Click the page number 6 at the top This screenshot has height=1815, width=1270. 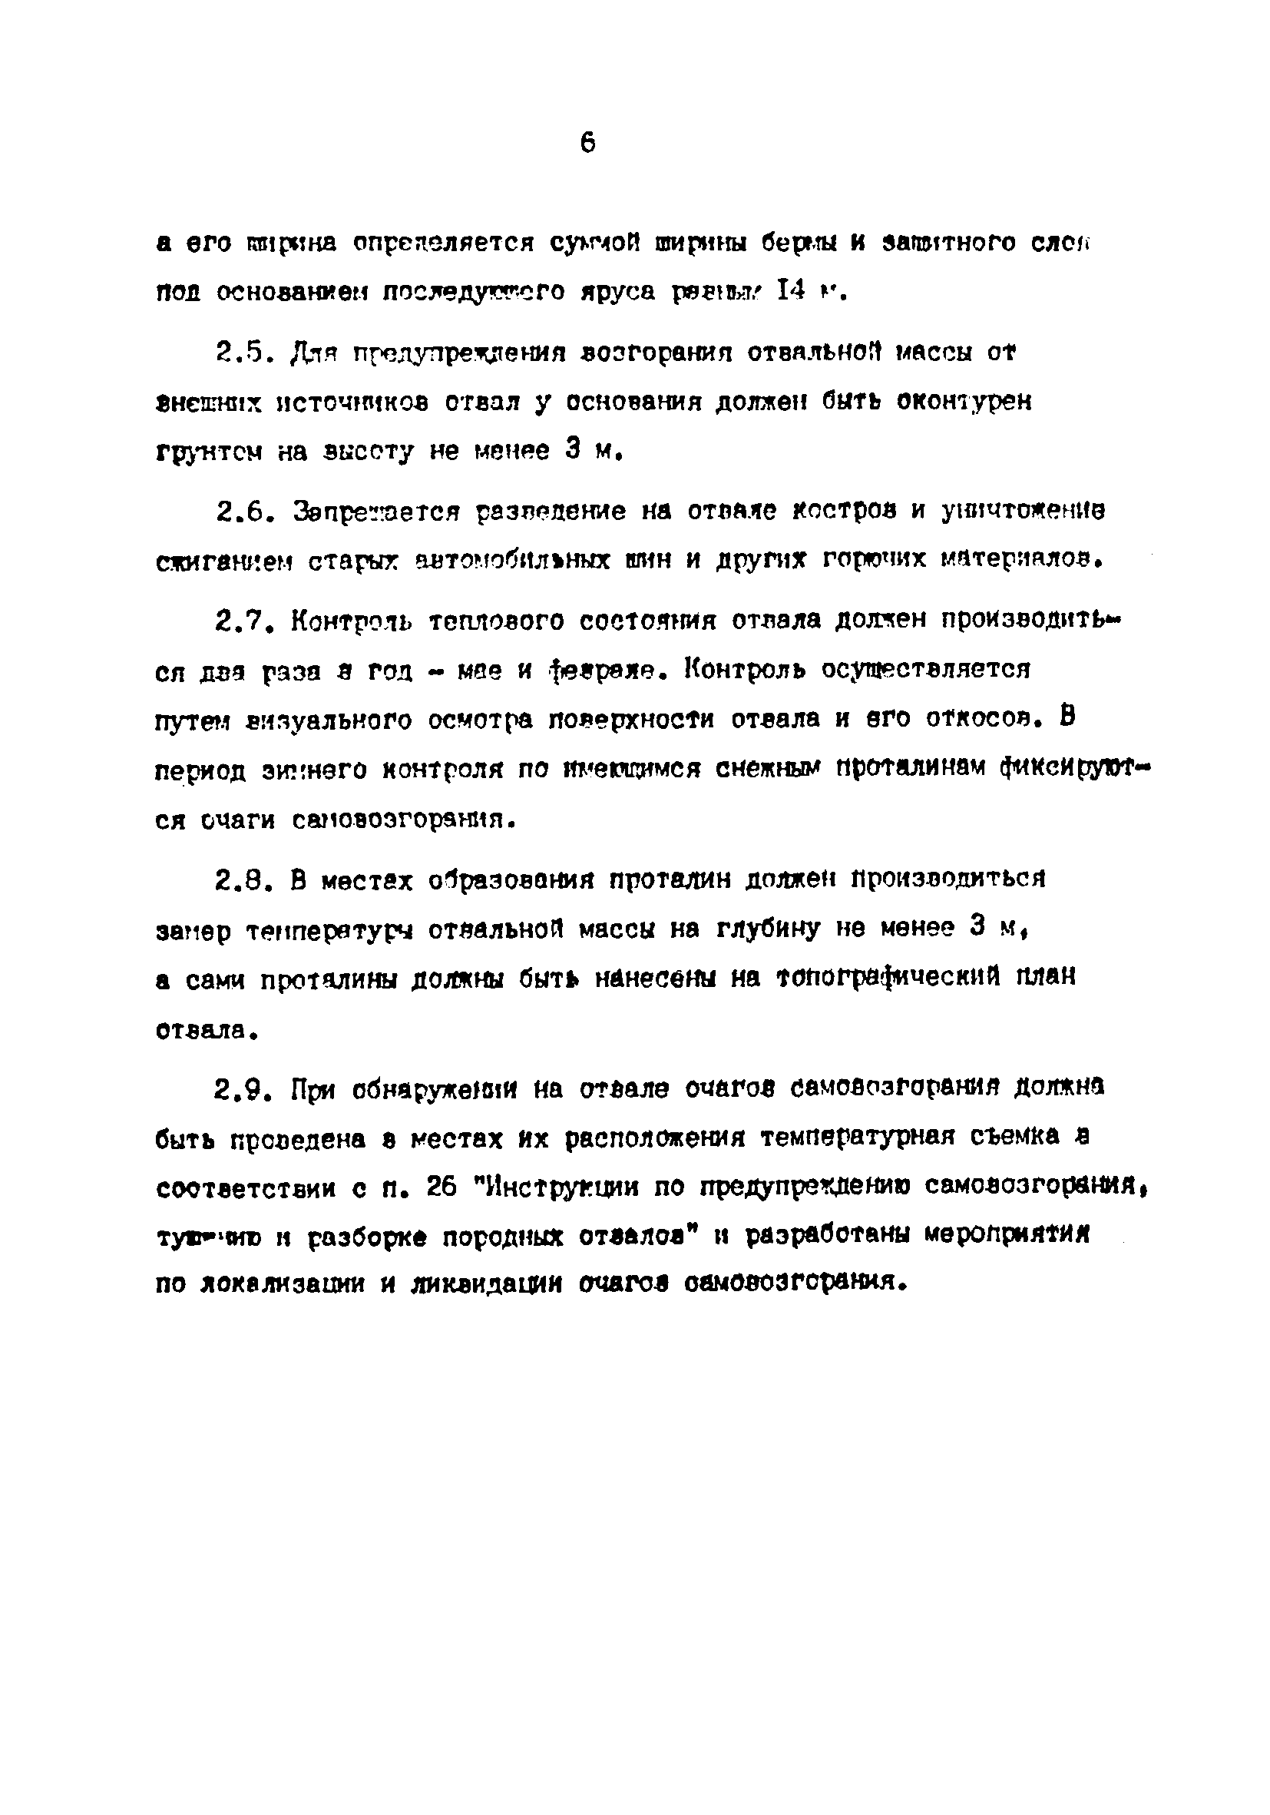coord(587,144)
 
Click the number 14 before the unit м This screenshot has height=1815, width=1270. coord(791,292)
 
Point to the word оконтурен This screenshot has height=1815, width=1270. coord(964,402)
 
